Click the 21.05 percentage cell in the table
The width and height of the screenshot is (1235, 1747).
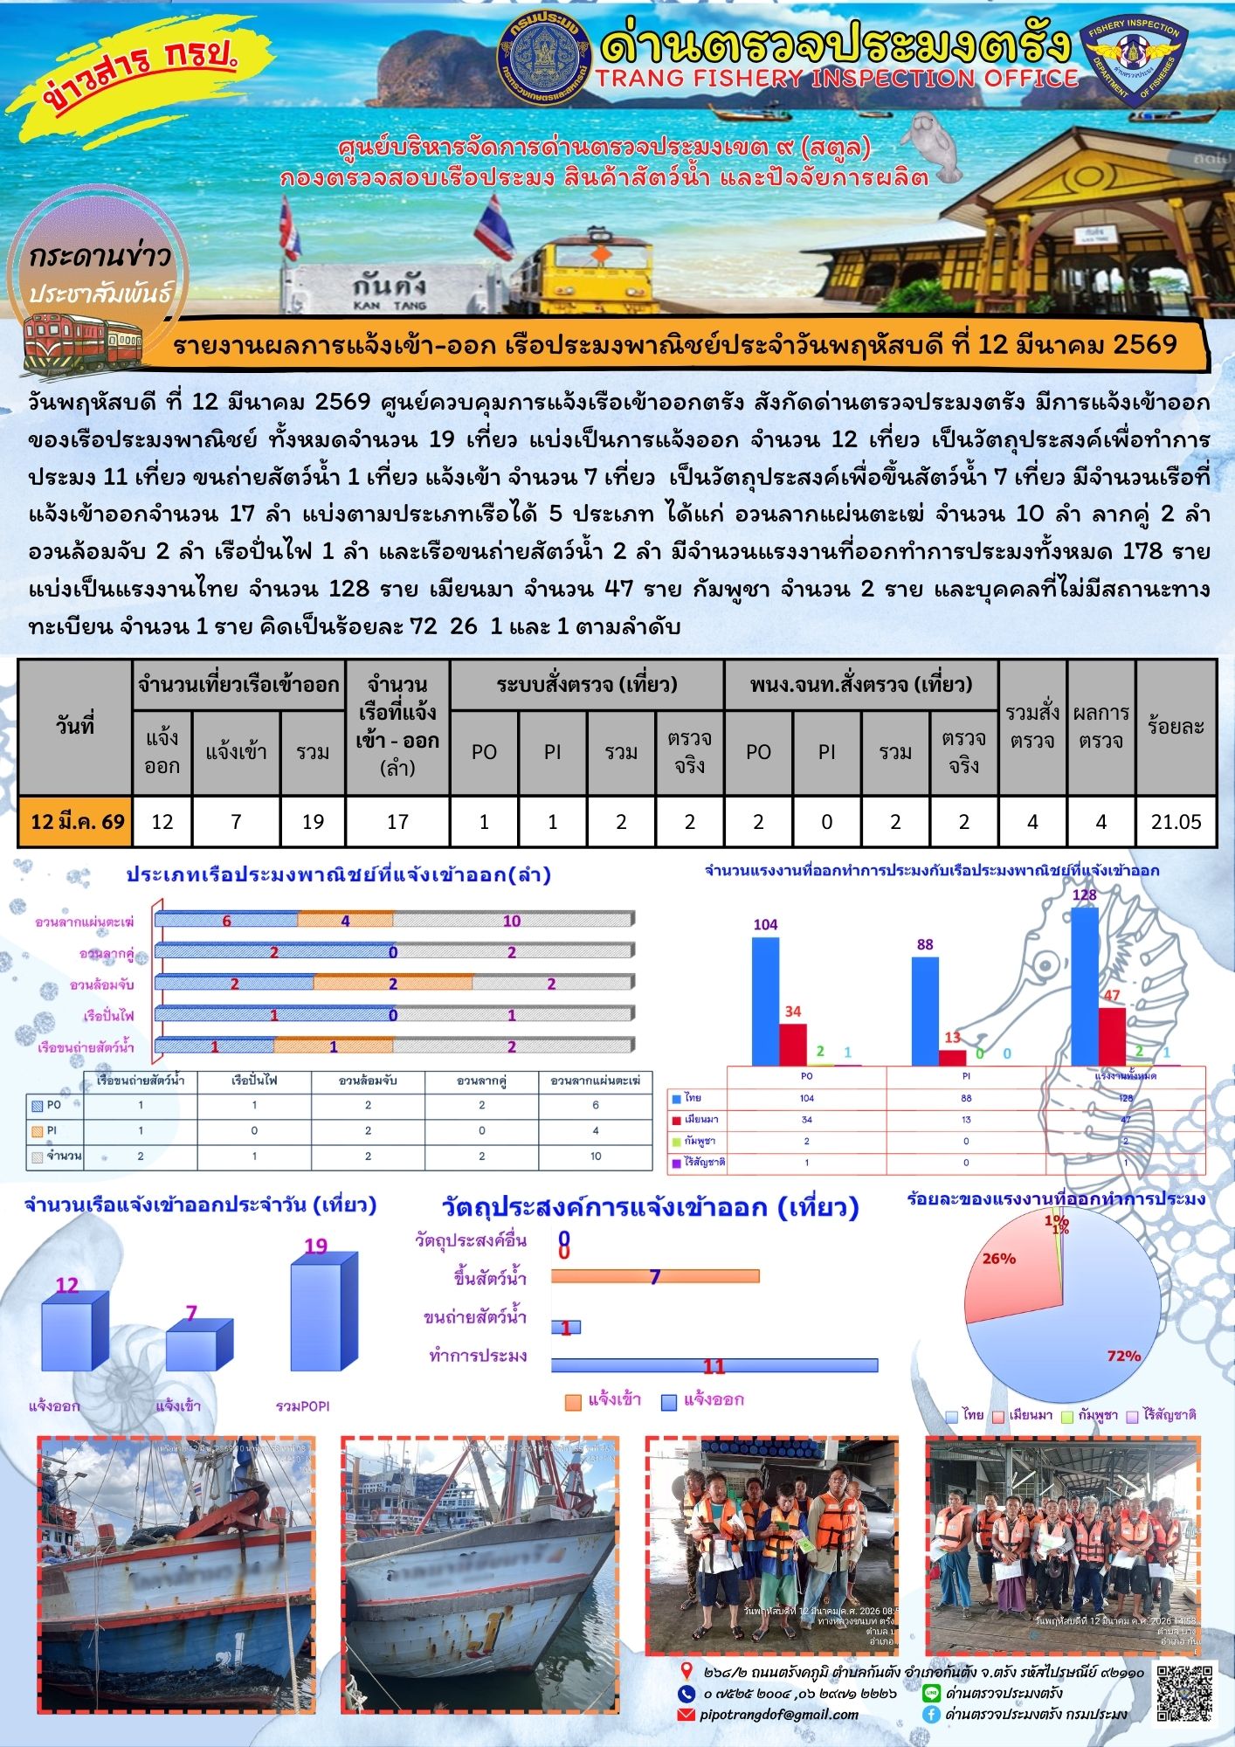click(1176, 822)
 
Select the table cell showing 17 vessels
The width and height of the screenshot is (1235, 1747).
click(397, 822)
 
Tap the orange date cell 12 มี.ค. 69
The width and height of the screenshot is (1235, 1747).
click(76, 822)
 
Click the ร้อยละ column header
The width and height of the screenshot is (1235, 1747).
click(1176, 727)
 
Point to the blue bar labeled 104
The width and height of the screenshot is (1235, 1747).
click(765, 1001)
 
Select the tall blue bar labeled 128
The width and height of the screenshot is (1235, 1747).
click(1085, 986)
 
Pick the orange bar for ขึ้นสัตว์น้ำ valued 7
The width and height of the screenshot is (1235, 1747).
click(655, 1277)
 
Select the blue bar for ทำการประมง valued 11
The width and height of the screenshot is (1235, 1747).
click(714, 1365)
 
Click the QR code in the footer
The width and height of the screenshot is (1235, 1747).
click(1184, 1693)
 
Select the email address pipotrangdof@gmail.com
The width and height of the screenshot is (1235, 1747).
click(779, 1715)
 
